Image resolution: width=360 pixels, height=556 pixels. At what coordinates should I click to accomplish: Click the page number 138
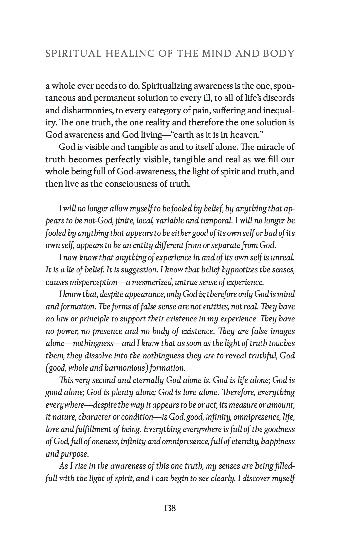(170, 508)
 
